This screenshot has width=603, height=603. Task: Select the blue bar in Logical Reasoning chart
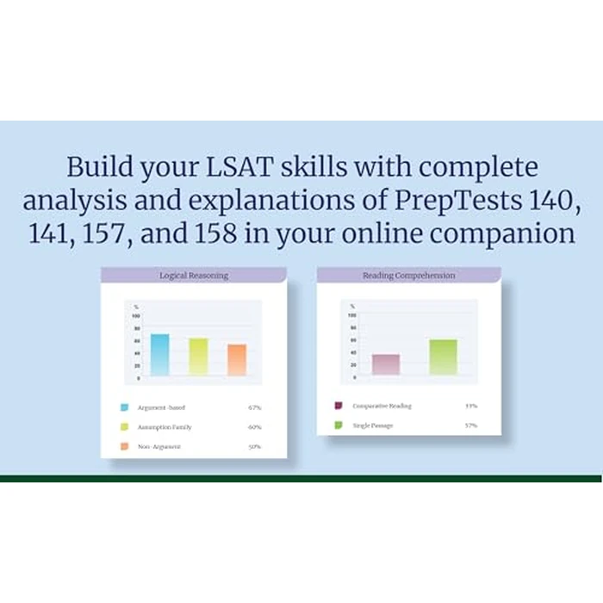click(x=160, y=354)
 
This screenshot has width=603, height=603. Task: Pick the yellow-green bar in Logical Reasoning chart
click(x=198, y=357)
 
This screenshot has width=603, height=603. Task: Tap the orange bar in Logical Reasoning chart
click(x=237, y=359)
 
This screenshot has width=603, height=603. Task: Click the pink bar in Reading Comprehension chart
click(x=386, y=364)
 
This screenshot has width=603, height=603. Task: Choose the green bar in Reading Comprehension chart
click(x=443, y=357)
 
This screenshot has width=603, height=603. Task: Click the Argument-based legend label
click(x=161, y=407)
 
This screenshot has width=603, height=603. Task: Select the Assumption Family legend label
click(x=165, y=427)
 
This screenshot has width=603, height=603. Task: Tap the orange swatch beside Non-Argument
click(x=125, y=447)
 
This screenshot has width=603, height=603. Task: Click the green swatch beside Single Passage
click(x=338, y=426)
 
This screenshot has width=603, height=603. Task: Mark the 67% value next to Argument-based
click(x=254, y=407)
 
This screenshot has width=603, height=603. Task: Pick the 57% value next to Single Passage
click(x=470, y=426)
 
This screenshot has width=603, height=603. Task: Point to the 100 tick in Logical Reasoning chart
click(x=135, y=316)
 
